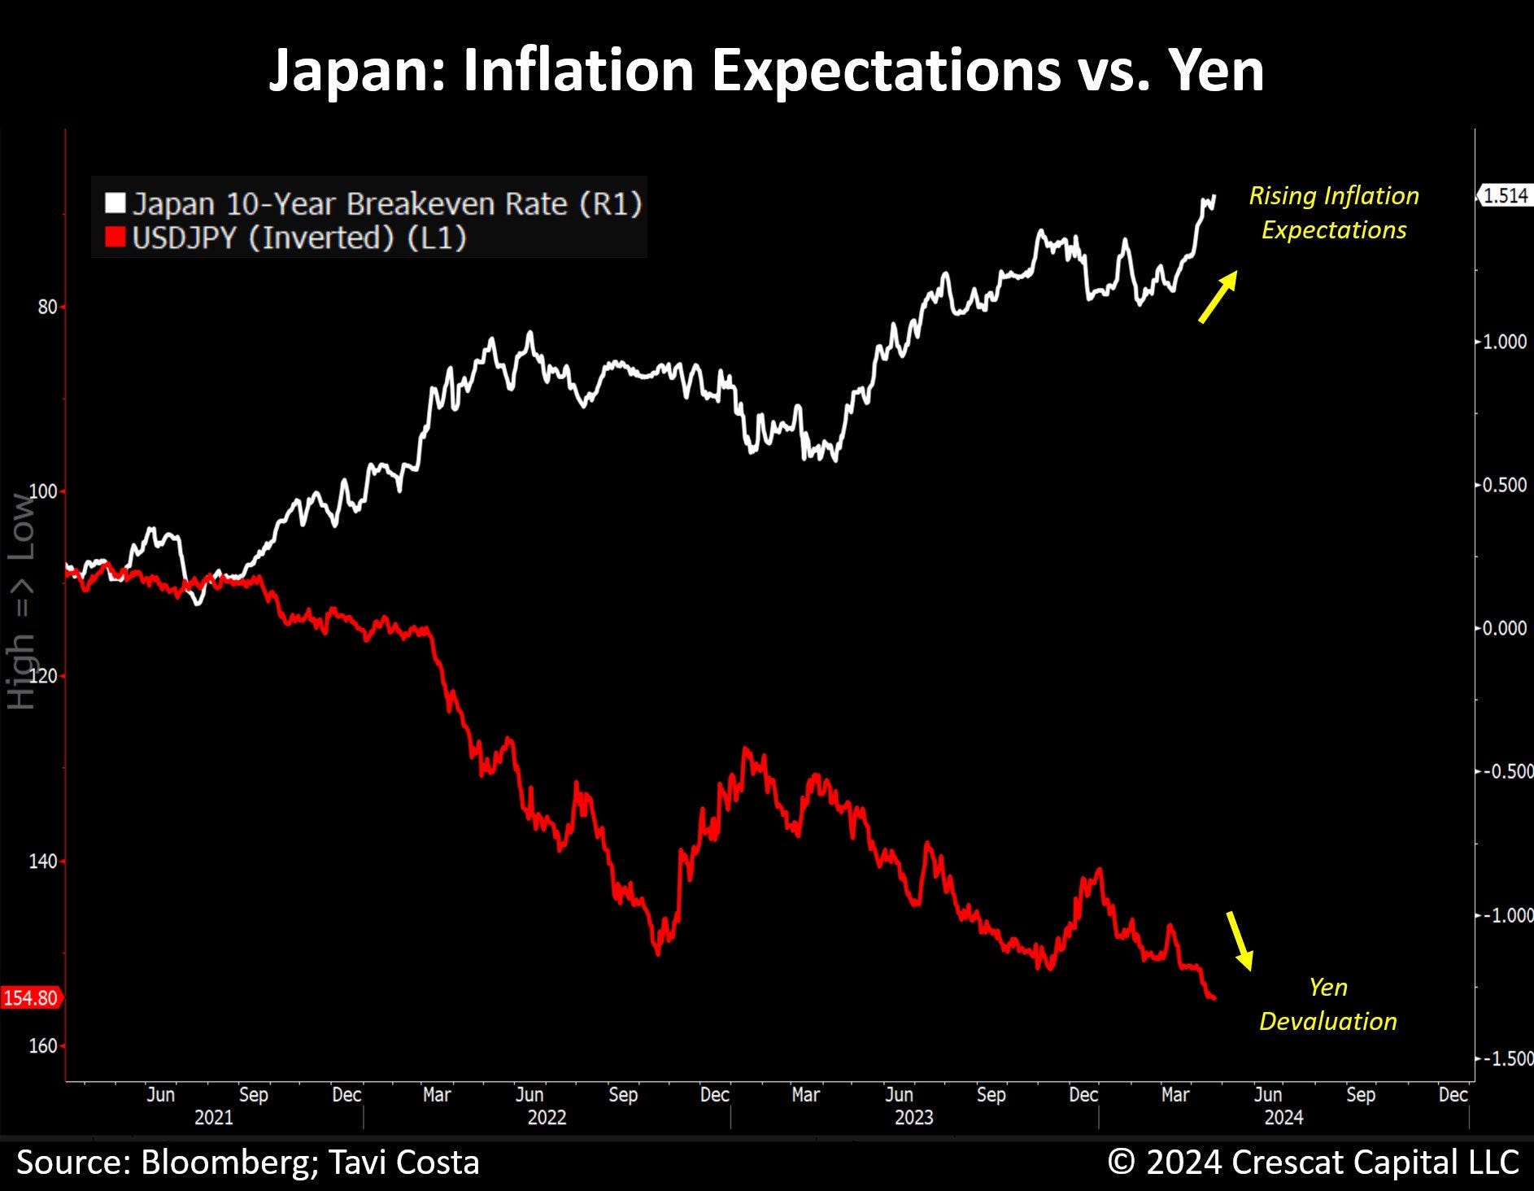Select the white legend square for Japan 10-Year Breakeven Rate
pos(115,203)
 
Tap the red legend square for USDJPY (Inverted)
pos(115,238)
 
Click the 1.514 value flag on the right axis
pos(1504,195)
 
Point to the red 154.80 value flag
pos(31,997)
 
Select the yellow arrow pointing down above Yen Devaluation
pos(1239,940)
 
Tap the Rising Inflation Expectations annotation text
pos(1334,212)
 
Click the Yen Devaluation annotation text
pos(1327,1004)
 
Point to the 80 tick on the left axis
pos(47,307)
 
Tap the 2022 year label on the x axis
pos(547,1117)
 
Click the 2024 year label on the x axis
pos(1283,1117)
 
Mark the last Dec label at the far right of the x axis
pos(1453,1095)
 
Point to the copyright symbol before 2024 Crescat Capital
pos(1122,1162)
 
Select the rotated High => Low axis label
pos(21,602)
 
